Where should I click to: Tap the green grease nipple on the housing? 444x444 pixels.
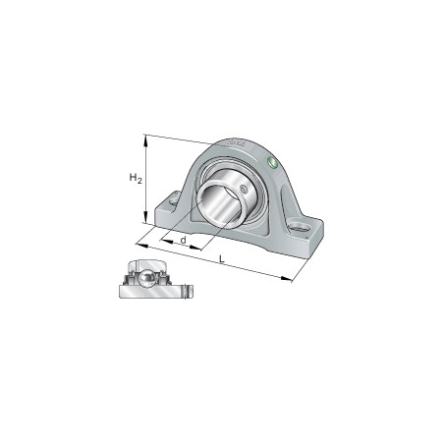(x=271, y=161)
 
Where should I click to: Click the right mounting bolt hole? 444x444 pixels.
(x=306, y=231)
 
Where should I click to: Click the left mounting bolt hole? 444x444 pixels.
(x=174, y=203)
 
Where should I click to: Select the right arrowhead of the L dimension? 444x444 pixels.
(x=291, y=280)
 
